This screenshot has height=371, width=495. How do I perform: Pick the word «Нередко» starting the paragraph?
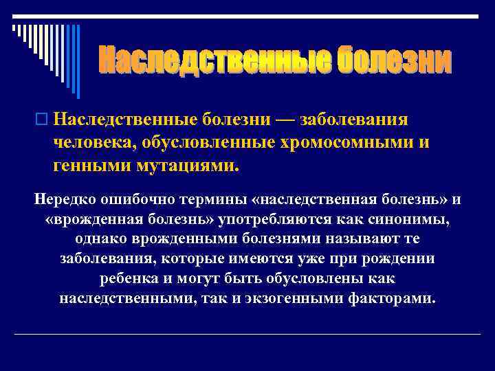65,199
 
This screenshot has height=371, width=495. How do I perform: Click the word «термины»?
210,199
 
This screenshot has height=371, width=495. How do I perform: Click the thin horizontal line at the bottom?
247,335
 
